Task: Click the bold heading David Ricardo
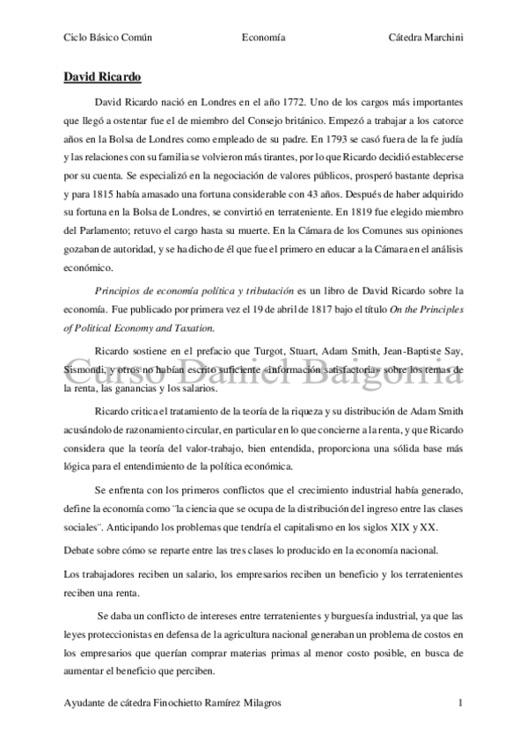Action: [103, 77]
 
